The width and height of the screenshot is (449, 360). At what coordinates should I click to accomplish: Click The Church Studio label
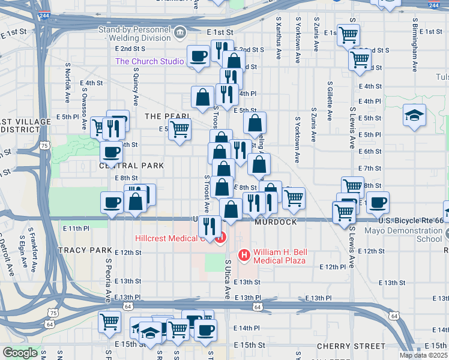tap(149, 61)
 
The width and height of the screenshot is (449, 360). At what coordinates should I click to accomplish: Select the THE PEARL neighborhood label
tap(167, 115)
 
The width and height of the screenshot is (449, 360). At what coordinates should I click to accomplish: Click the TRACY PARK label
tap(85, 250)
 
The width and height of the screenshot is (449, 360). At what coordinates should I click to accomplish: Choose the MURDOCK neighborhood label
tap(276, 222)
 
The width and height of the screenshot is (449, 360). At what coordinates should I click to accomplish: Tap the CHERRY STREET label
tap(351, 346)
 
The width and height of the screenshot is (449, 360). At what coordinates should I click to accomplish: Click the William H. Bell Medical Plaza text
tap(280, 256)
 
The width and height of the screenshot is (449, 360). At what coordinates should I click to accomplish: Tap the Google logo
tap(20, 353)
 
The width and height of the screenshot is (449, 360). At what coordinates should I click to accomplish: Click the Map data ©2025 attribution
tap(423, 355)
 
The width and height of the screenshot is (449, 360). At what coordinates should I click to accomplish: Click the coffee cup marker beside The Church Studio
tap(199, 56)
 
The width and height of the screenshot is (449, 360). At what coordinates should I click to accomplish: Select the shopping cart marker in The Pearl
tap(179, 128)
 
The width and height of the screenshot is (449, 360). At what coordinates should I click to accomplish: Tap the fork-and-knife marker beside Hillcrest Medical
tap(209, 226)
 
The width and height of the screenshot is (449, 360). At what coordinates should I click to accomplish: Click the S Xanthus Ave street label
tap(279, 37)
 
